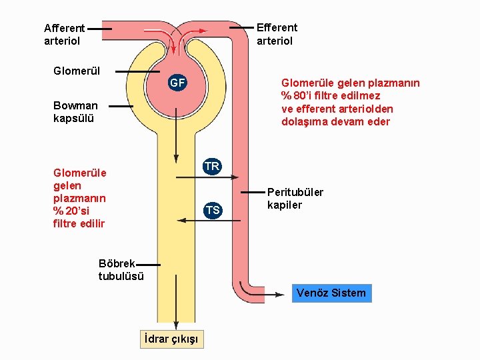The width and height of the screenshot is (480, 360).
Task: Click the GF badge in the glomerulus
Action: (x=177, y=83)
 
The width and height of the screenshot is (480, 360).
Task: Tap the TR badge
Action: (x=212, y=166)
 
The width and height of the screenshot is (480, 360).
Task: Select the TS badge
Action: (x=212, y=211)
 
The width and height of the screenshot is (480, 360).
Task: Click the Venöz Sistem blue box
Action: (x=331, y=293)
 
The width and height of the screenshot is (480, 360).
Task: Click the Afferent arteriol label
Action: (x=64, y=34)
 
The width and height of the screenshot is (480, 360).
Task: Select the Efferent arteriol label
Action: (x=277, y=34)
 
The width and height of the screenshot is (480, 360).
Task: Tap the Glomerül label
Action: (x=77, y=71)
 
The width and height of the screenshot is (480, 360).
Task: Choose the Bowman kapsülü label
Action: (x=75, y=112)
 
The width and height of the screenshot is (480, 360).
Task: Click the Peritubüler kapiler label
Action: (x=295, y=199)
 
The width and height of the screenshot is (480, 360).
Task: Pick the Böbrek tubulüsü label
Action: (x=121, y=270)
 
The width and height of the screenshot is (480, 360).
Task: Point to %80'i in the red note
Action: (x=298, y=96)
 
